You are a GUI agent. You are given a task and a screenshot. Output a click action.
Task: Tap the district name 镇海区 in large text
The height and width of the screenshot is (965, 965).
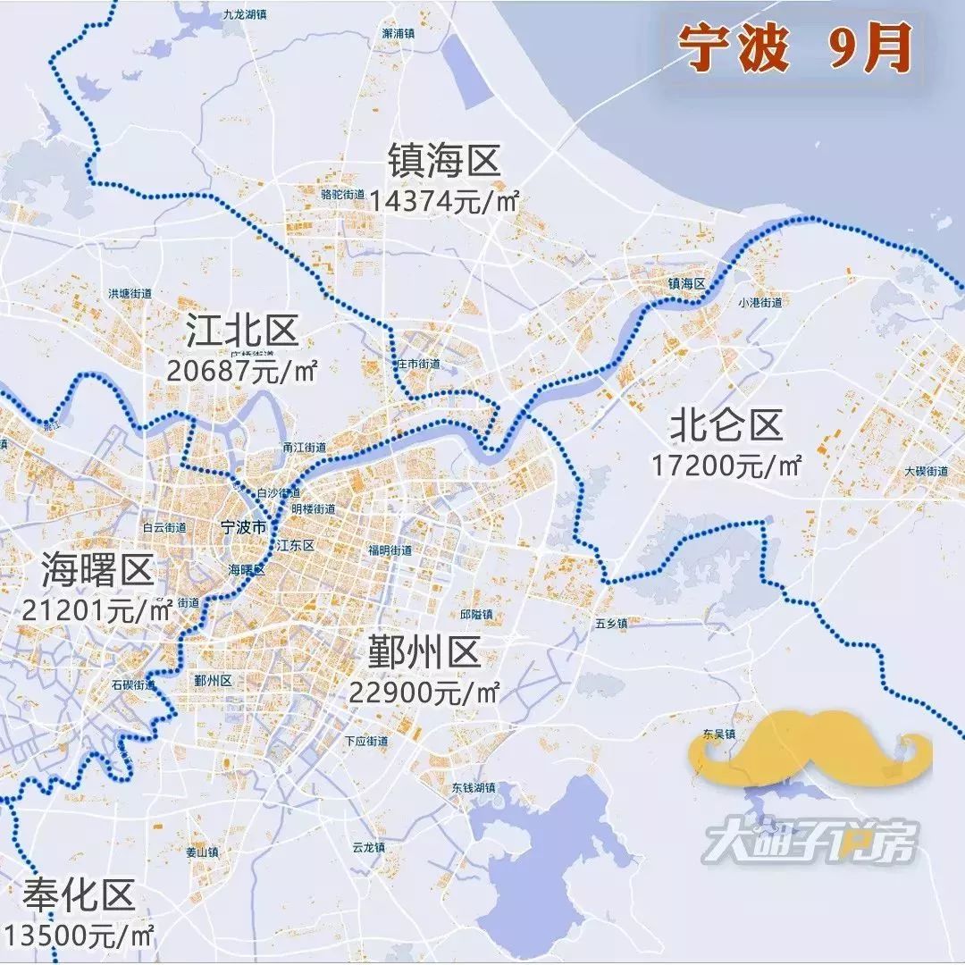(x=443, y=163)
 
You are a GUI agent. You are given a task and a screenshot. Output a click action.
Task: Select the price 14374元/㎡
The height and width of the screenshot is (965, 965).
(x=443, y=200)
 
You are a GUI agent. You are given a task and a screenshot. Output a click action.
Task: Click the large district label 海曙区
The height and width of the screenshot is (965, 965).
(x=98, y=569)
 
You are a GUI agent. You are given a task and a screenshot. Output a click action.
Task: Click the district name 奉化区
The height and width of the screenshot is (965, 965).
(x=80, y=894)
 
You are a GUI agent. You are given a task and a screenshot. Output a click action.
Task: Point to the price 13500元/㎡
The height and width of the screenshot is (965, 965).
(x=80, y=935)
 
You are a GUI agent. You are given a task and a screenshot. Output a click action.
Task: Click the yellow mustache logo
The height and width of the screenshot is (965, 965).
(x=809, y=749)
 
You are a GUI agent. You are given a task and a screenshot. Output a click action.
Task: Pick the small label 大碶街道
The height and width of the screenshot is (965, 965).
(x=926, y=471)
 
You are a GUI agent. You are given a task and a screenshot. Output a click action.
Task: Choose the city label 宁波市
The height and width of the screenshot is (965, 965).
(x=242, y=528)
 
